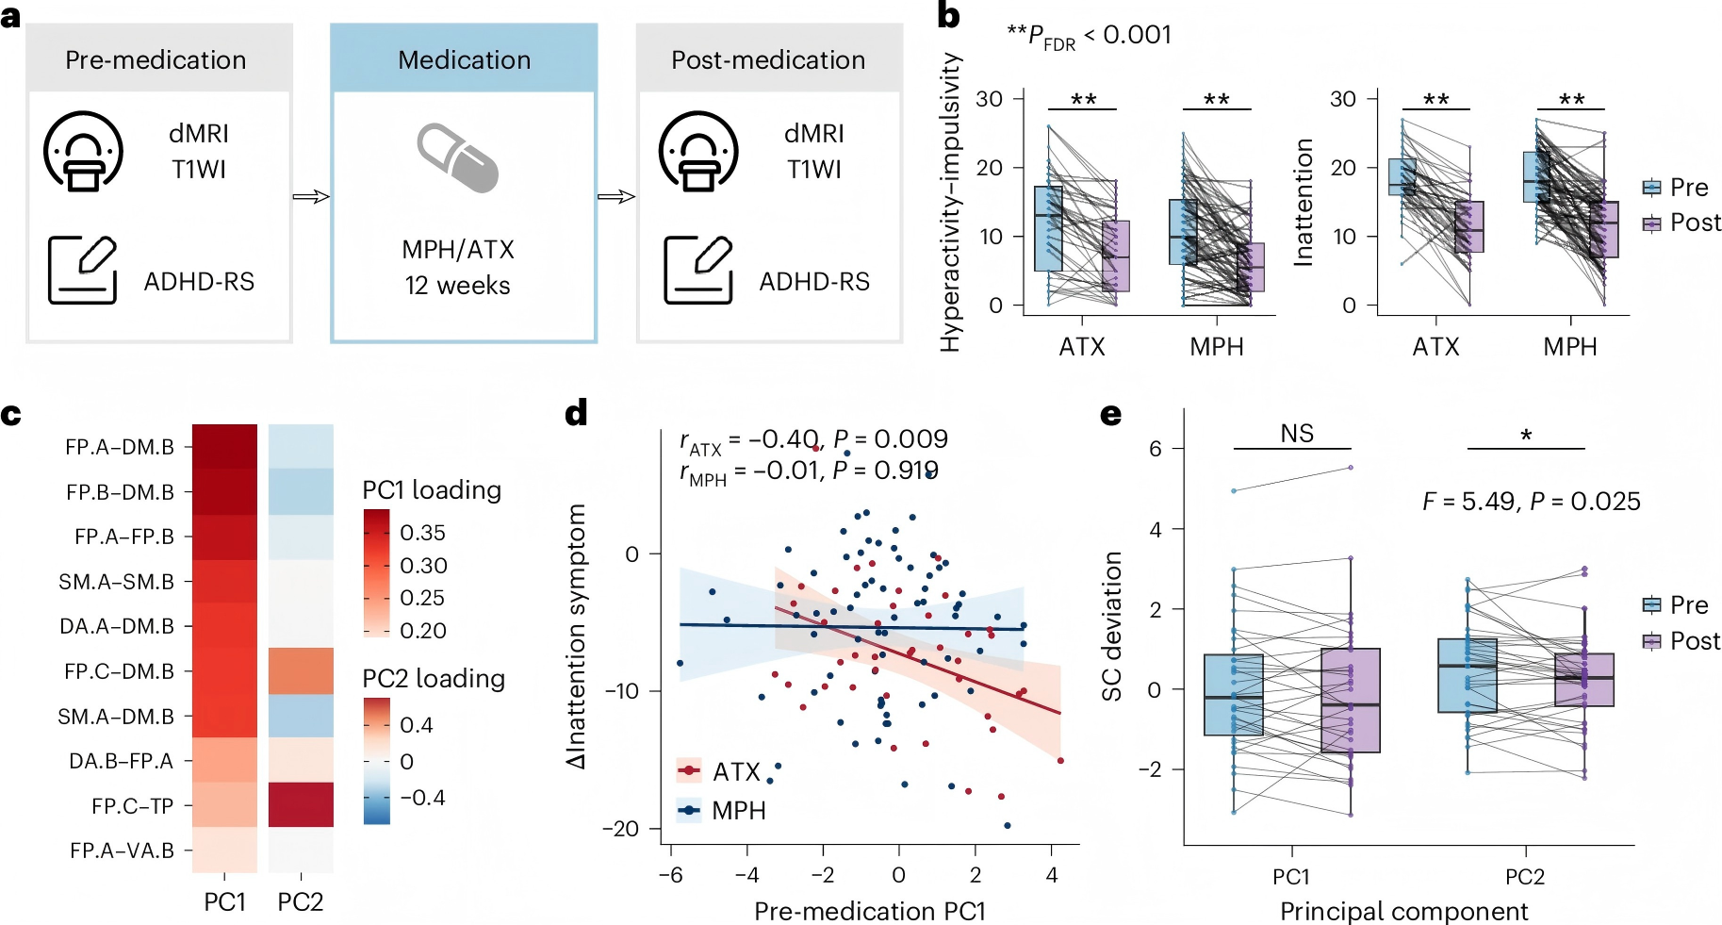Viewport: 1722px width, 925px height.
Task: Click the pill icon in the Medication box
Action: point(458,157)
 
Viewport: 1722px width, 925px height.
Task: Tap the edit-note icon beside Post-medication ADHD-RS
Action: point(698,270)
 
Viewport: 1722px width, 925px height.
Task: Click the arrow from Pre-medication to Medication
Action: point(311,196)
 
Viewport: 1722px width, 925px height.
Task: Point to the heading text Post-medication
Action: point(768,59)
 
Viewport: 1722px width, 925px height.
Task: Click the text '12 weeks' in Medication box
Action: point(458,285)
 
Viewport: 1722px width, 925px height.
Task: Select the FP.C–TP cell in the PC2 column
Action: point(301,804)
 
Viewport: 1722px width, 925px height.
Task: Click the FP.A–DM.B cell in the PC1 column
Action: point(224,446)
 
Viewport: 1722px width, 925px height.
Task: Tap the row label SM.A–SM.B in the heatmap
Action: point(117,582)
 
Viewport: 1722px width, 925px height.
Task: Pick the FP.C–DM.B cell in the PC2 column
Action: point(301,670)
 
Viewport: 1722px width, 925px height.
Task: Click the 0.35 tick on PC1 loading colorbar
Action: point(422,533)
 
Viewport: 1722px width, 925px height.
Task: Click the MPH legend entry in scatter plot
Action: point(721,810)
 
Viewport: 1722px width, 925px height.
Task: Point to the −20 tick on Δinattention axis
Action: point(621,829)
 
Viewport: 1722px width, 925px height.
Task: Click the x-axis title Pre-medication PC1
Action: point(870,911)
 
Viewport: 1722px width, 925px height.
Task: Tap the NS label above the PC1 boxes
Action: point(1297,433)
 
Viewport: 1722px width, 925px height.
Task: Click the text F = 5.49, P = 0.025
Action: point(1532,501)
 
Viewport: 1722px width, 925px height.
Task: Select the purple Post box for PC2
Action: point(1584,680)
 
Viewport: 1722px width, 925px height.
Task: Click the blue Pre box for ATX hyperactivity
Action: point(1048,228)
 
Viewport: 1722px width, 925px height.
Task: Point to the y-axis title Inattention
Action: point(1304,203)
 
